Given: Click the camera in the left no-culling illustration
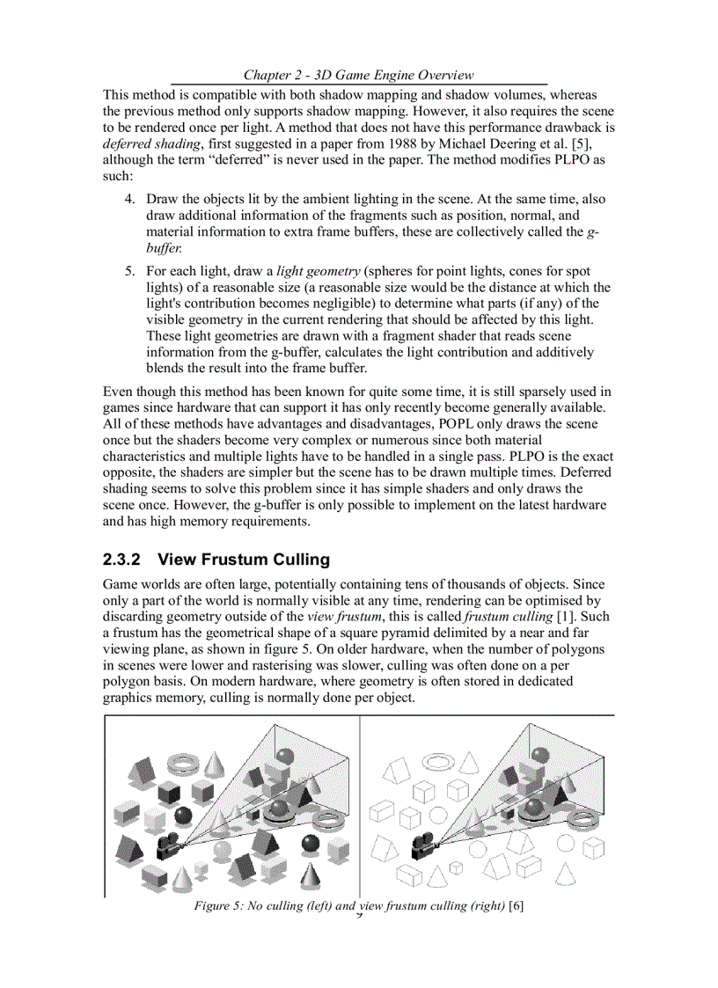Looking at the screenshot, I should click(167, 846).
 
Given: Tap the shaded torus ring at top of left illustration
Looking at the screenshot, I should click(184, 759).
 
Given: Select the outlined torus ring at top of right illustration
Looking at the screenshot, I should click(437, 759).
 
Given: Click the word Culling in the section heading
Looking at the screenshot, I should click(297, 560).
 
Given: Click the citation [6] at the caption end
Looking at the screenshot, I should click(517, 906).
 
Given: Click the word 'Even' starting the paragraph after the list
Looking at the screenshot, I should click(118, 392).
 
